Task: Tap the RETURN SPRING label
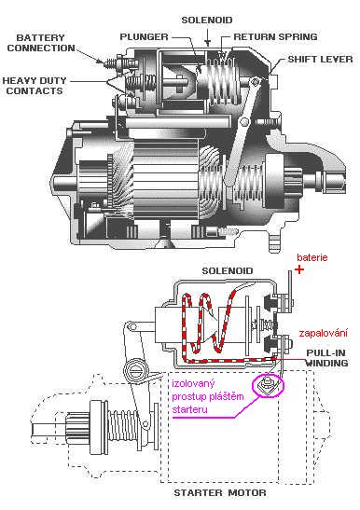click(276, 37)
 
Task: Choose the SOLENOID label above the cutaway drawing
click(208, 19)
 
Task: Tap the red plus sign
click(299, 269)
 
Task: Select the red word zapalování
click(323, 331)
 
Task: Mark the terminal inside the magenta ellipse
click(266, 384)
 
